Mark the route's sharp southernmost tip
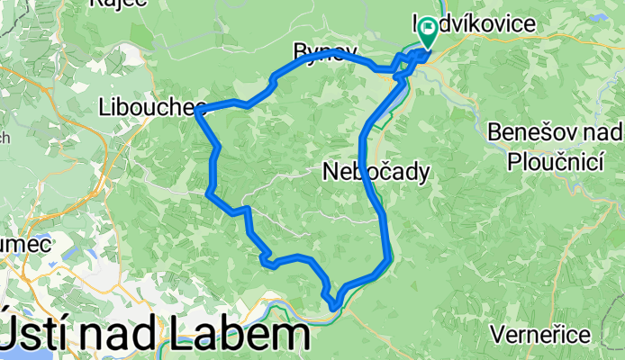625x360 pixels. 334,307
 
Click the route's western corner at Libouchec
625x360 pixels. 197,111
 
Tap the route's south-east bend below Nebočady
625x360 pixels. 388,261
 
